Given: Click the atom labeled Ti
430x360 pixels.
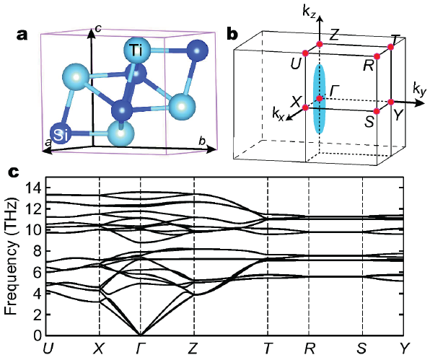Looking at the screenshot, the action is pyautogui.click(x=137, y=51).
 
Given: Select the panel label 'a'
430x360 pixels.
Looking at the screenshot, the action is pyautogui.click(x=22, y=35).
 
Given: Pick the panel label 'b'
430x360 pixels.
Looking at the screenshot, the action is pyautogui.click(x=233, y=34).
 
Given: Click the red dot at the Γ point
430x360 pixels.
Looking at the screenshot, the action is pyautogui.click(x=320, y=98).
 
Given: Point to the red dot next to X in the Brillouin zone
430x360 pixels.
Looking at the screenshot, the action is pyautogui.click(x=305, y=107).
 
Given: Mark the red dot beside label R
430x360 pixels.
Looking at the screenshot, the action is pyautogui.click(x=377, y=56).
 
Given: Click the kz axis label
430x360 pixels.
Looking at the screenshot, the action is pyautogui.click(x=310, y=12).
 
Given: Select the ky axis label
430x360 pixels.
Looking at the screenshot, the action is pyautogui.click(x=420, y=89).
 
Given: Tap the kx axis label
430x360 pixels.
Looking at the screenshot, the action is pyautogui.click(x=278, y=113).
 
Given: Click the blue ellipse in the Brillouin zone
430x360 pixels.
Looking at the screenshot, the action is pyautogui.click(x=320, y=99).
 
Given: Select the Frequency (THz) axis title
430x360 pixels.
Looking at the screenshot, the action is pyautogui.click(x=12, y=255).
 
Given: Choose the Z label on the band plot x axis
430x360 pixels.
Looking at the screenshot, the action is pyautogui.click(x=193, y=348).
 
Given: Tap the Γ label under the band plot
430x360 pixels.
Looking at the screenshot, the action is pyautogui.click(x=140, y=348).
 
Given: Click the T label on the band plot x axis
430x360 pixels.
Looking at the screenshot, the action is pyautogui.click(x=268, y=348).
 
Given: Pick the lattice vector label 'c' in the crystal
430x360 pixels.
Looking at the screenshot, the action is pyautogui.click(x=98, y=27).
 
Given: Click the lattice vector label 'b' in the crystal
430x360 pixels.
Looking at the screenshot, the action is pyautogui.click(x=202, y=141).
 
